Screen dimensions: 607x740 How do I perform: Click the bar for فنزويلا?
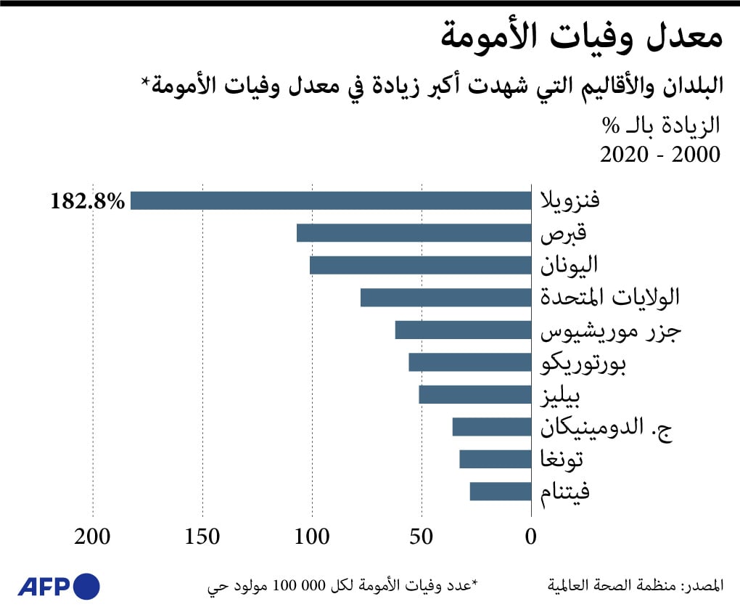(331, 200)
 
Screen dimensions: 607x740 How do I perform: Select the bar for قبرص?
(414, 233)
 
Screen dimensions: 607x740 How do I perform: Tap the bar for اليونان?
(420, 265)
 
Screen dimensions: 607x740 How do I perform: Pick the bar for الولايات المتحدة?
(445, 298)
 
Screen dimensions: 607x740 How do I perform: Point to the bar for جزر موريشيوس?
(463, 330)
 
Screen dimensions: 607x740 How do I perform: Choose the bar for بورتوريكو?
(469, 362)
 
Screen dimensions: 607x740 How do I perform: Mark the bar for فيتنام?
(500, 492)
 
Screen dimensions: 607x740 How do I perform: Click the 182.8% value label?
(88, 201)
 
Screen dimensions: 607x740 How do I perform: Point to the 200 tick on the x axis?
(93, 537)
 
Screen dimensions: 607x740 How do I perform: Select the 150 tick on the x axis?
(202, 537)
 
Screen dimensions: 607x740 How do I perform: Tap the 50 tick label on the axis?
(422, 537)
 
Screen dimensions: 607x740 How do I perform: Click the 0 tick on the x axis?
(531, 537)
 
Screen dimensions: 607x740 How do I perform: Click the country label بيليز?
(570, 396)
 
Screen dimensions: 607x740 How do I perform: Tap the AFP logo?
(59, 585)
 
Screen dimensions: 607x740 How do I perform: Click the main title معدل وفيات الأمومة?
(581, 38)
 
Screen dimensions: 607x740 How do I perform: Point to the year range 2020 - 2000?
(660, 155)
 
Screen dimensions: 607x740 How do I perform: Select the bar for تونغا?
(495, 459)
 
